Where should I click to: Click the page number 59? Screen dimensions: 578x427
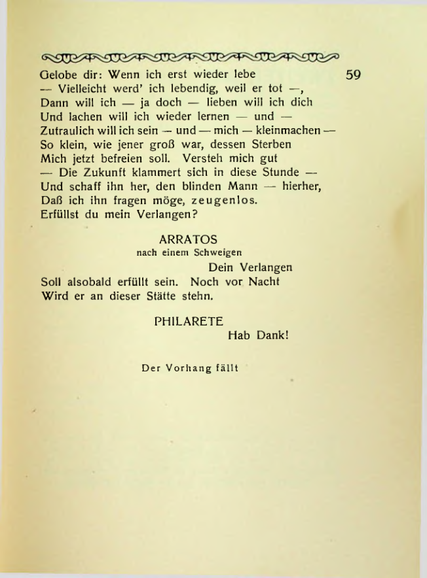353,75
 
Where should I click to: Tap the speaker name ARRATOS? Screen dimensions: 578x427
188,240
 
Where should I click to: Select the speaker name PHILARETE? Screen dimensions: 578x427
189,321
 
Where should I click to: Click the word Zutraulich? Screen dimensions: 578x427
68,130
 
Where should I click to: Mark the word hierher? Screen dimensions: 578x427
303,186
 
